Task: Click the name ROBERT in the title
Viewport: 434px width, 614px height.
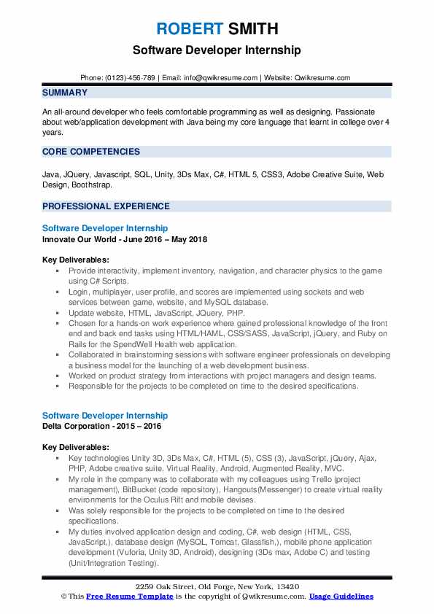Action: point(189,29)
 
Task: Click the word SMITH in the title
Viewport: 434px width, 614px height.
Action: point(252,29)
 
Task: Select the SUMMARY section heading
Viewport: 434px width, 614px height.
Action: point(65,93)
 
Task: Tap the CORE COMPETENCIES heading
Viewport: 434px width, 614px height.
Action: point(91,152)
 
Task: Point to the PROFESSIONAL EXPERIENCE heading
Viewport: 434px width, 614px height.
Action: point(106,206)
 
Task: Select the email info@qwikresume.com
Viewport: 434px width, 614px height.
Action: point(221,77)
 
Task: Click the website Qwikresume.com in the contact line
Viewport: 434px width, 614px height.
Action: point(322,77)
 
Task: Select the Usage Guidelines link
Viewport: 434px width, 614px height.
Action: point(341,596)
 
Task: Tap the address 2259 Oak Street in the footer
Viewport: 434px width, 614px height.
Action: point(162,586)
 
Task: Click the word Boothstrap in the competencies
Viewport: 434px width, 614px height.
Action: point(92,184)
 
